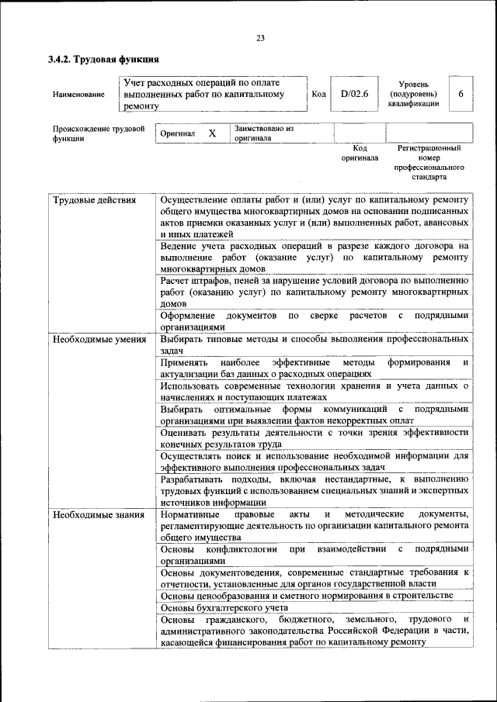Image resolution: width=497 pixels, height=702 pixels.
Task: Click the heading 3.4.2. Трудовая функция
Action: pos(104,59)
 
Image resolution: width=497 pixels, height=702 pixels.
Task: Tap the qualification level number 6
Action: pos(461,94)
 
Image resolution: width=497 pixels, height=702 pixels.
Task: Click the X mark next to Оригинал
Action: pos(212,133)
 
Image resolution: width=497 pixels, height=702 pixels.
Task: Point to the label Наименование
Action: pos(78,95)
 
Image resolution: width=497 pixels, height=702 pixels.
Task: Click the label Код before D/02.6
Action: pos(318,95)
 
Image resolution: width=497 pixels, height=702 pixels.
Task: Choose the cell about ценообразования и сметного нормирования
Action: pos(306,595)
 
